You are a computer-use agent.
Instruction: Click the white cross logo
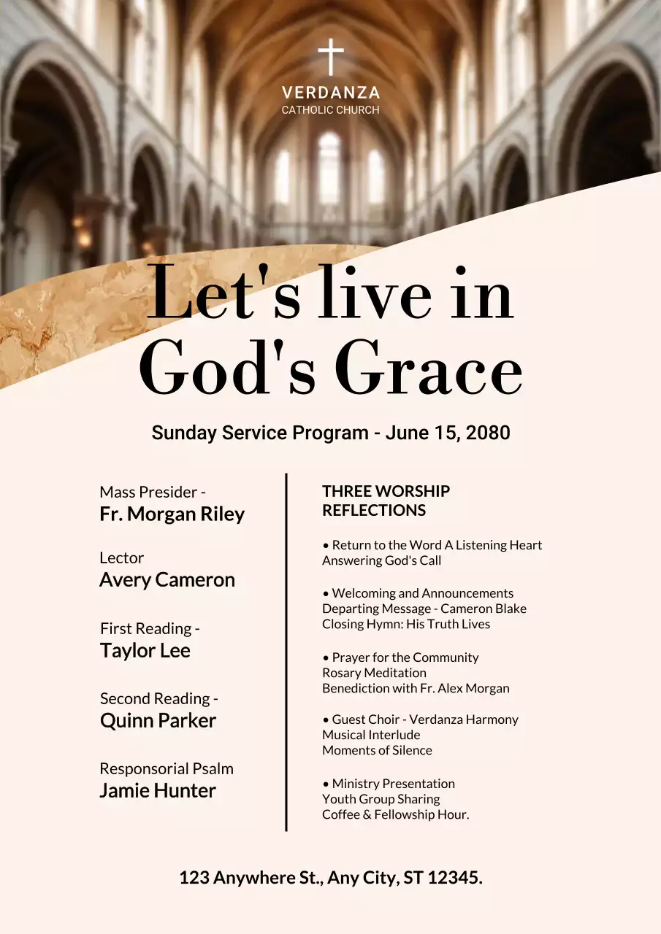pos(331,58)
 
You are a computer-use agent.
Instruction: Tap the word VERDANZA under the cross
pos(331,93)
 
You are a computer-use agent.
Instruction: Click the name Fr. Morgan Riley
pos(172,514)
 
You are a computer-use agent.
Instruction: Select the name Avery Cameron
pos(167,579)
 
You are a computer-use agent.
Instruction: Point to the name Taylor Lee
pos(145,650)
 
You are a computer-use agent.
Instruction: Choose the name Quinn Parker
pos(158,720)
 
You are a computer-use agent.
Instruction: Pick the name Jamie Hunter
pos(158,790)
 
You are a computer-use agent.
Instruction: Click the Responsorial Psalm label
pos(167,768)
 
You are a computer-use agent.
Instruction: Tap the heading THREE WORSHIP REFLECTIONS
pos(386,501)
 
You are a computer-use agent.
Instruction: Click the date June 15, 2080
pos(448,433)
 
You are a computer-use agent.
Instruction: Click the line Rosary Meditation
pos(374,673)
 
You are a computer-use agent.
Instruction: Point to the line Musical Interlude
pos(371,735)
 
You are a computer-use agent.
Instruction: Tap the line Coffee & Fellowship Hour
pos(395,814)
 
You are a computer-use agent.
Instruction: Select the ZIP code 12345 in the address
pos(453,878)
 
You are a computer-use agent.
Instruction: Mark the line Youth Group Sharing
pos(381,799)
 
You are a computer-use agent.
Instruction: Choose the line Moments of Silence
pos(377,750)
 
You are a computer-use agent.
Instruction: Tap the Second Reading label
pos(159,698)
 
